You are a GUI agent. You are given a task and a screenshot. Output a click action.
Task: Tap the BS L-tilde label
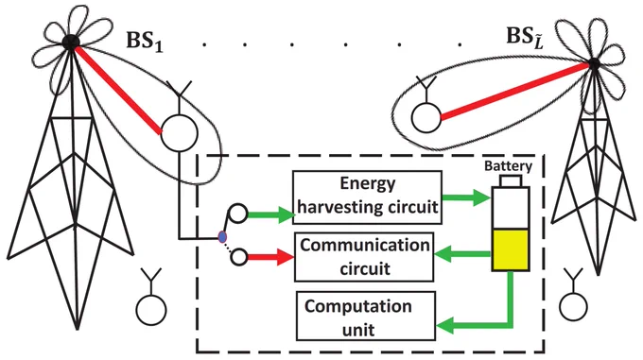click(x=525, y=37)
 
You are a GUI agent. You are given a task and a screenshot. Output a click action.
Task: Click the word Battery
click(x=508, y=166)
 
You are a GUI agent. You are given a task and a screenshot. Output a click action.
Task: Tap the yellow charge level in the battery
click(x=511, y=249)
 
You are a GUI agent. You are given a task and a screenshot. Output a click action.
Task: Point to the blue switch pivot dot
click(x=222, y=237)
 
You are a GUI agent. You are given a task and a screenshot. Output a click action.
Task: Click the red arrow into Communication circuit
click(x=270, y=257)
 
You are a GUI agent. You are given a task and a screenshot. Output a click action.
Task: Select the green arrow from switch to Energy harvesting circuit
click(x=271, y=214)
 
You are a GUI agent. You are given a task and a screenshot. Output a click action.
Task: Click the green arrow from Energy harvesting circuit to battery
click(x=467, y=197)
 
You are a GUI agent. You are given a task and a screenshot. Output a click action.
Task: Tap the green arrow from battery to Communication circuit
click(x=462, y=254)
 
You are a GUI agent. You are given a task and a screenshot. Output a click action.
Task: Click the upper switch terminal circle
click(x=238, y=214)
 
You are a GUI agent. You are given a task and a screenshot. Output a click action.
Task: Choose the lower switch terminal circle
click(x=239, y=258)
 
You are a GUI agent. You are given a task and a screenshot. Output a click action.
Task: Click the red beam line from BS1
click(x=117, y=90)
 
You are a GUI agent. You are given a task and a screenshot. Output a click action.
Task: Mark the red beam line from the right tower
click(x=516, y=91)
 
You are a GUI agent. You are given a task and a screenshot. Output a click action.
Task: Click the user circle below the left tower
click(x=151, y=310)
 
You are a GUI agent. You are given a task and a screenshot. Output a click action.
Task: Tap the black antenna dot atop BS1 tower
click(x=71, y=42)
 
